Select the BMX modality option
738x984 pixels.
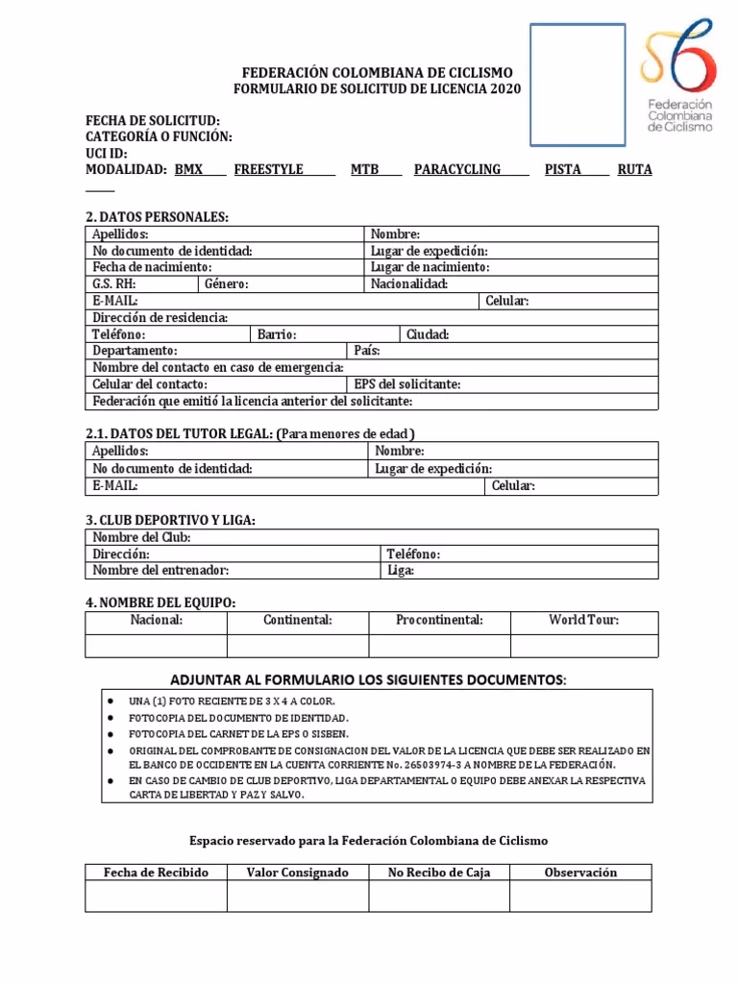pyautogui.click(x=188, y=169)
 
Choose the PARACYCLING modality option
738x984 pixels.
pyautogui.click(x=457, y=169)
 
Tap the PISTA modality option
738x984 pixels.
pyautogui.click(x=562, y=169)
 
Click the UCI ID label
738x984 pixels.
pyautogui.click(x=107, y=153)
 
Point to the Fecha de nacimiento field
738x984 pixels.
pyautogui.click(x=225, y=267)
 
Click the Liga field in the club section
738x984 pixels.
pyautogui.click(x=518, y=570)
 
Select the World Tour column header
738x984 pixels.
pyautogui.click(x=583, y=621)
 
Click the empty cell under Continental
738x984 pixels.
pyautogui.click(x=297, y=645)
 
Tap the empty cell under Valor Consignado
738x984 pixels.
pyautogui.click(x=297, y=897)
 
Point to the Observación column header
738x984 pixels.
pyautogui.click(x=580, y=873)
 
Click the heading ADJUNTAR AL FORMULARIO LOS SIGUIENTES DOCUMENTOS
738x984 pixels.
pyautogui.click(x=368, y=680)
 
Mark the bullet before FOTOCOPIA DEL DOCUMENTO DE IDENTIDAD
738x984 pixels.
pyautogui.click(x=111, y=718)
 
